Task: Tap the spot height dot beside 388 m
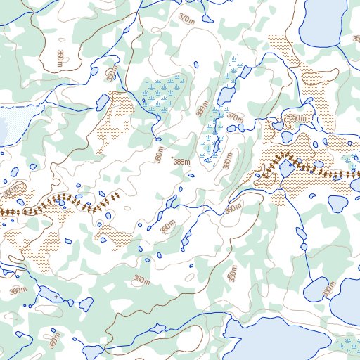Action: click(172, 157)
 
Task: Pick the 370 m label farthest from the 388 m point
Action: click(188, 18)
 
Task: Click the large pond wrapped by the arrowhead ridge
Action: click(286, 169)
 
